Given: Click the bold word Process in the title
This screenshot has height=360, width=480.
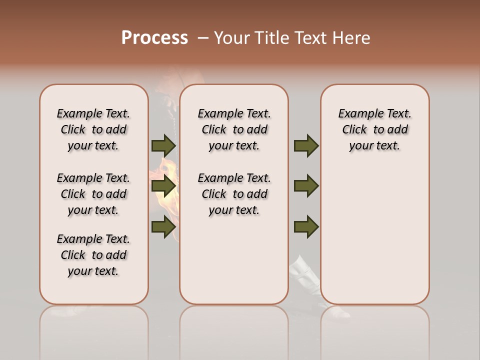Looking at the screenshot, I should click(x=154, y=38).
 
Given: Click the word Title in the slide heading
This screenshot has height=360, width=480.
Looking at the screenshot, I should click(x=270, y=38).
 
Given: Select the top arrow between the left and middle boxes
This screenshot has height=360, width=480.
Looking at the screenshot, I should click(x=163, y=145).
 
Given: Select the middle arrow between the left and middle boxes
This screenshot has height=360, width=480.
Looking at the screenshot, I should click(x=163, y=186).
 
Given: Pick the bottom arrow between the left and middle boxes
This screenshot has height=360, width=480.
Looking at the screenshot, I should click(x=163, y=226).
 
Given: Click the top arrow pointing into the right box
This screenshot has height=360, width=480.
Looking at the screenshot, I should click(x=306, y=145).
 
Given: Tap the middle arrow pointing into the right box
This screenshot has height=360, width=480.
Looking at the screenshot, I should click(x=306, y=186).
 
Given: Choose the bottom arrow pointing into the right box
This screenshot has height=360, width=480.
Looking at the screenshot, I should click(x=306, y=226).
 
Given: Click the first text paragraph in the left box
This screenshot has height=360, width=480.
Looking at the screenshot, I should click(x=93, y=129).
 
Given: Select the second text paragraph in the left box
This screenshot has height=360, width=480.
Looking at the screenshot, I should click(x=93, y=194).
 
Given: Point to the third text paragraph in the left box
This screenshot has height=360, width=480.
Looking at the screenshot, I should click(x=93, y=255).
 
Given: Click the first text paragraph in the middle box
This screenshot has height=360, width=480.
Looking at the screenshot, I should click(x=234, y=129).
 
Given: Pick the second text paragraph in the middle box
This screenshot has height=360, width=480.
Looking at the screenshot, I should click(x=234, y=194).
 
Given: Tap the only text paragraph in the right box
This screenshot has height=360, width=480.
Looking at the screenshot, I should click(x=374, y=129).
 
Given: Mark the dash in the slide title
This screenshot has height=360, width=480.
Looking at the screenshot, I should click(x=203, y=38).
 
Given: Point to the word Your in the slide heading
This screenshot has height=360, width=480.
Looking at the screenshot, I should click(x=231, y=38).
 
